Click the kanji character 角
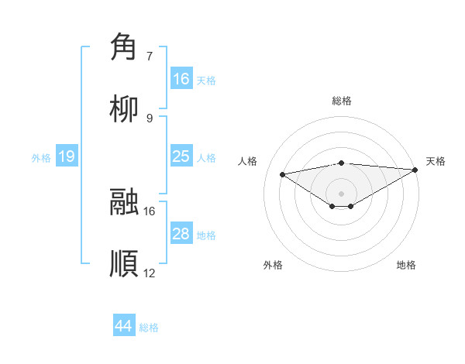coord(124,47)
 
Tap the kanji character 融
coord(124,202)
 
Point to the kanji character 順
coord(124,263)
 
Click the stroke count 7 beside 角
coord(150,56)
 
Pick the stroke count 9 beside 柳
coord(150,118)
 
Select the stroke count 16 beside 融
coord(150,211)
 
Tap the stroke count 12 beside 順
coord(150,273)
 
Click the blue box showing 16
coord(181,79)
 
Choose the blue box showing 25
coord(181,156)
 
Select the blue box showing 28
coord(181,234)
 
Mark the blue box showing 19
coord(67,156)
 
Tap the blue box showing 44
coord(124,326)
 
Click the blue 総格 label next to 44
coord(150,328)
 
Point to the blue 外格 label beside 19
coord(41,157)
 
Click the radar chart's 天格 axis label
coord(436,161)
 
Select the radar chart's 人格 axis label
coord(249,161)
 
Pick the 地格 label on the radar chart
coord(406,265)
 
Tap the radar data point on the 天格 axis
coord(416,170)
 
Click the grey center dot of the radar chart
coord(342,193)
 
